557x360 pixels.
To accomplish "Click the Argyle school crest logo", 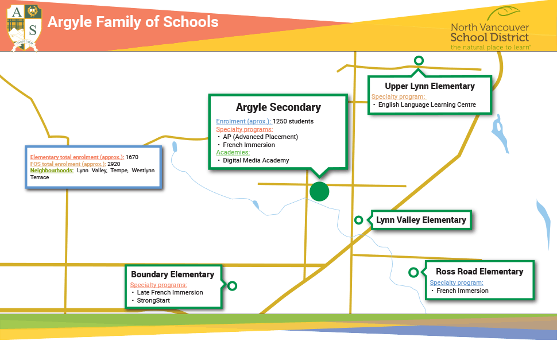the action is [x=24, y=28].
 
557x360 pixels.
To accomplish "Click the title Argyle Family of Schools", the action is [x=133, y=22].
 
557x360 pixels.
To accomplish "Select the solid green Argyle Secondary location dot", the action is [x=319, y=191].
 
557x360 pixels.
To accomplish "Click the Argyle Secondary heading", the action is [x=278, y=107].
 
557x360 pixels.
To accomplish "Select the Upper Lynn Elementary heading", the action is [x=430, y=86].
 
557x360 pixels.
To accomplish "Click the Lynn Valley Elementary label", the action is [x=421, y=220].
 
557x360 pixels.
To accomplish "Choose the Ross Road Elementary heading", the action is [x=479, y=272].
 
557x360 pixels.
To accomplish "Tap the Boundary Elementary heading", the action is [x=173, y=274].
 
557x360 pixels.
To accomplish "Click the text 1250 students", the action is [x=293, y=121].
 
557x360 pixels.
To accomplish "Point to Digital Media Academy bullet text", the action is [x=256, y=160].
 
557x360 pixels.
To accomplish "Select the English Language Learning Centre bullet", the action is [x=427, y=104].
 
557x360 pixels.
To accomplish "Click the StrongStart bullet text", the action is [x=153, y=300].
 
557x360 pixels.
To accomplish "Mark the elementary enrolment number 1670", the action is [x=132, y=157].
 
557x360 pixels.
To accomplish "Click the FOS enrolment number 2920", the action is [x=114, y=164].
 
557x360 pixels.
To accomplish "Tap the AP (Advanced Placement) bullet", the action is [x=260, y=137].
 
